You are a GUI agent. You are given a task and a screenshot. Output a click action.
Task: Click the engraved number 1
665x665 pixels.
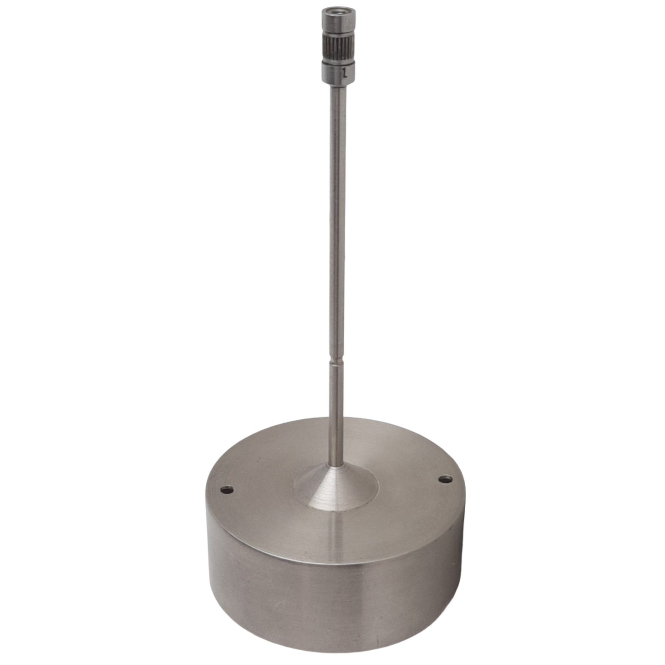[x=344, y=72]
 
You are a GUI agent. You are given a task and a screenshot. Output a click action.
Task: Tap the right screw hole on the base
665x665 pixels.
[x=444, y=479]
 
